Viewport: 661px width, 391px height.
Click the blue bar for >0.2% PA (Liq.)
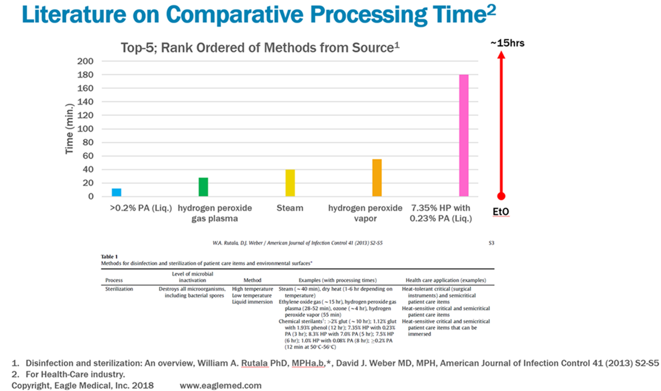coord(116,192)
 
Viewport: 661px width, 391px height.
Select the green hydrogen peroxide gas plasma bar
coord(203,187)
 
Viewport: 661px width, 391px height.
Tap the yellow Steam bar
coord(290,183)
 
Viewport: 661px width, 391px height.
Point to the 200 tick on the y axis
coord(87,61)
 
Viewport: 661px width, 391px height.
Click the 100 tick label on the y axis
coord(87,129)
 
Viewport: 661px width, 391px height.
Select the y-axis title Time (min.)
coord(70,129)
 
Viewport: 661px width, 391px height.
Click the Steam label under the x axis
coord(290,208)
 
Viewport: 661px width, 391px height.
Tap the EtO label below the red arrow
coord(501,212)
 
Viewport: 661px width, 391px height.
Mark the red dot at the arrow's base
coord(501,196)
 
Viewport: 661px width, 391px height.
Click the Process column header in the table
coord(114,280)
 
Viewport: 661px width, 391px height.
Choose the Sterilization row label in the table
coord(120,289)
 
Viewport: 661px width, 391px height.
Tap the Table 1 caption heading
coord(109,257)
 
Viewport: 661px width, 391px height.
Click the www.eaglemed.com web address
coord(220,385)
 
